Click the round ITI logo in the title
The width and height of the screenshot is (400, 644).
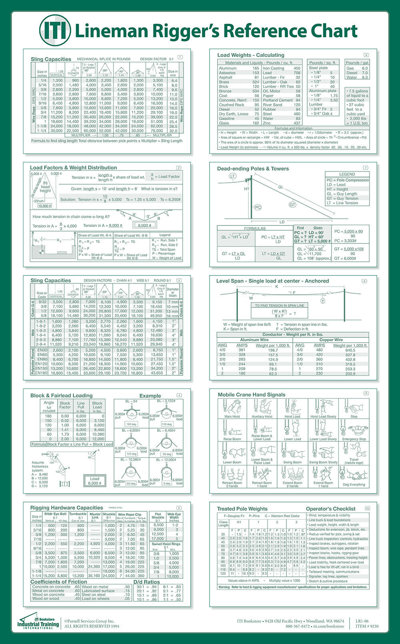[55, 30]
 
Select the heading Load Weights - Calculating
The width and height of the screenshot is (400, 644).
[250, 55]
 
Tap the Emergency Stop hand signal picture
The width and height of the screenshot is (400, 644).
[354, 431]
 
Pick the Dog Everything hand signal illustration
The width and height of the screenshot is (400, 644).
[354, 475]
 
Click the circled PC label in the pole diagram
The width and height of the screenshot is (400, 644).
[258, 207]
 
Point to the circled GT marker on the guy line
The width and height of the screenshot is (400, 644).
[292, 205]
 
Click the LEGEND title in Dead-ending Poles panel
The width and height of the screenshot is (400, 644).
[347, 174]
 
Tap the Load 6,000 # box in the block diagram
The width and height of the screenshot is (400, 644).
[94, 481]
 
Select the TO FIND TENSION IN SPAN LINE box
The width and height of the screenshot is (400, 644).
[280, 305]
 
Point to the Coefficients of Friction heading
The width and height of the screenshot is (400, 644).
[59, 582]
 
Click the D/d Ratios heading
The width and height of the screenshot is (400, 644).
[146, 582]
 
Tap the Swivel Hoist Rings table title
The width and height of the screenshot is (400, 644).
[166, 544]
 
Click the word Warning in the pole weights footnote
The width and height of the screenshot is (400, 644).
[227, 587]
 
